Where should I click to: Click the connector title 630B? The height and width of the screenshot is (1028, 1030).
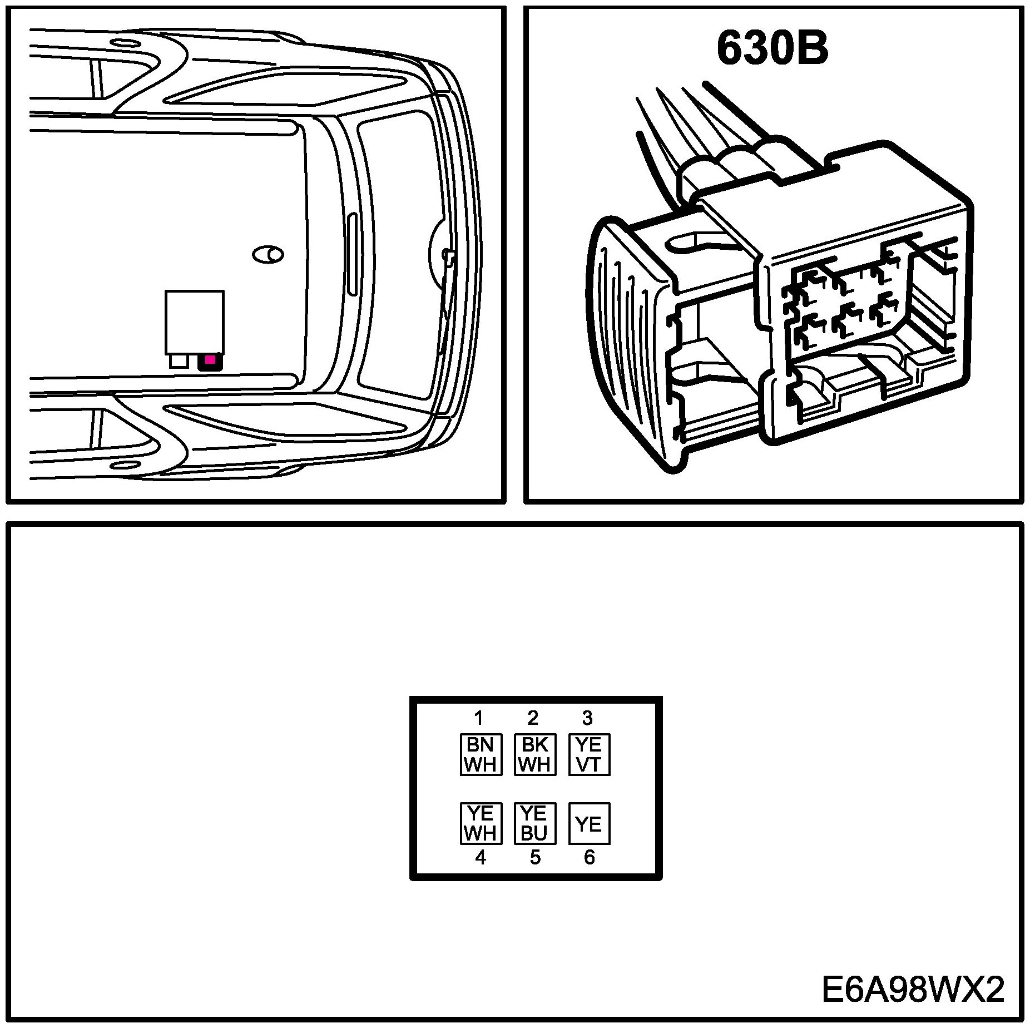point(772,48)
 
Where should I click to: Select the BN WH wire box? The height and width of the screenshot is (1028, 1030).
point(481,754)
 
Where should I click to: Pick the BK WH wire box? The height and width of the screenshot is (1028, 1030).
point(534,754)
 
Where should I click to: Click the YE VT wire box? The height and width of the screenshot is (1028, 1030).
point(589,754)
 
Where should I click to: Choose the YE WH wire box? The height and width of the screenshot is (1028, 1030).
point(481,823)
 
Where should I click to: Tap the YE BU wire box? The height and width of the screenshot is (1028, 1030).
point(534,823)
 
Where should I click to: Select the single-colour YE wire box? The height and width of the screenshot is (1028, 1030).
point(589,823)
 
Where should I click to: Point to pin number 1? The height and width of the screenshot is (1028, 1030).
point(478,718)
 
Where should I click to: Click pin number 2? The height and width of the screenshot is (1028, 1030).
point(533,718)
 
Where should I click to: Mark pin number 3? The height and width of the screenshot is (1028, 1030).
point(587,718)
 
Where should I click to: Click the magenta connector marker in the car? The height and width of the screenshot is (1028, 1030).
point(210,360)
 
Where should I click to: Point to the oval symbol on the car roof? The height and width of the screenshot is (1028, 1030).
point(268,255)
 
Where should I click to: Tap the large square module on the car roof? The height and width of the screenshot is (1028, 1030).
point(195,322)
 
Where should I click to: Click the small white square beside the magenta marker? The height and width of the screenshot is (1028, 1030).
point(179,361)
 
